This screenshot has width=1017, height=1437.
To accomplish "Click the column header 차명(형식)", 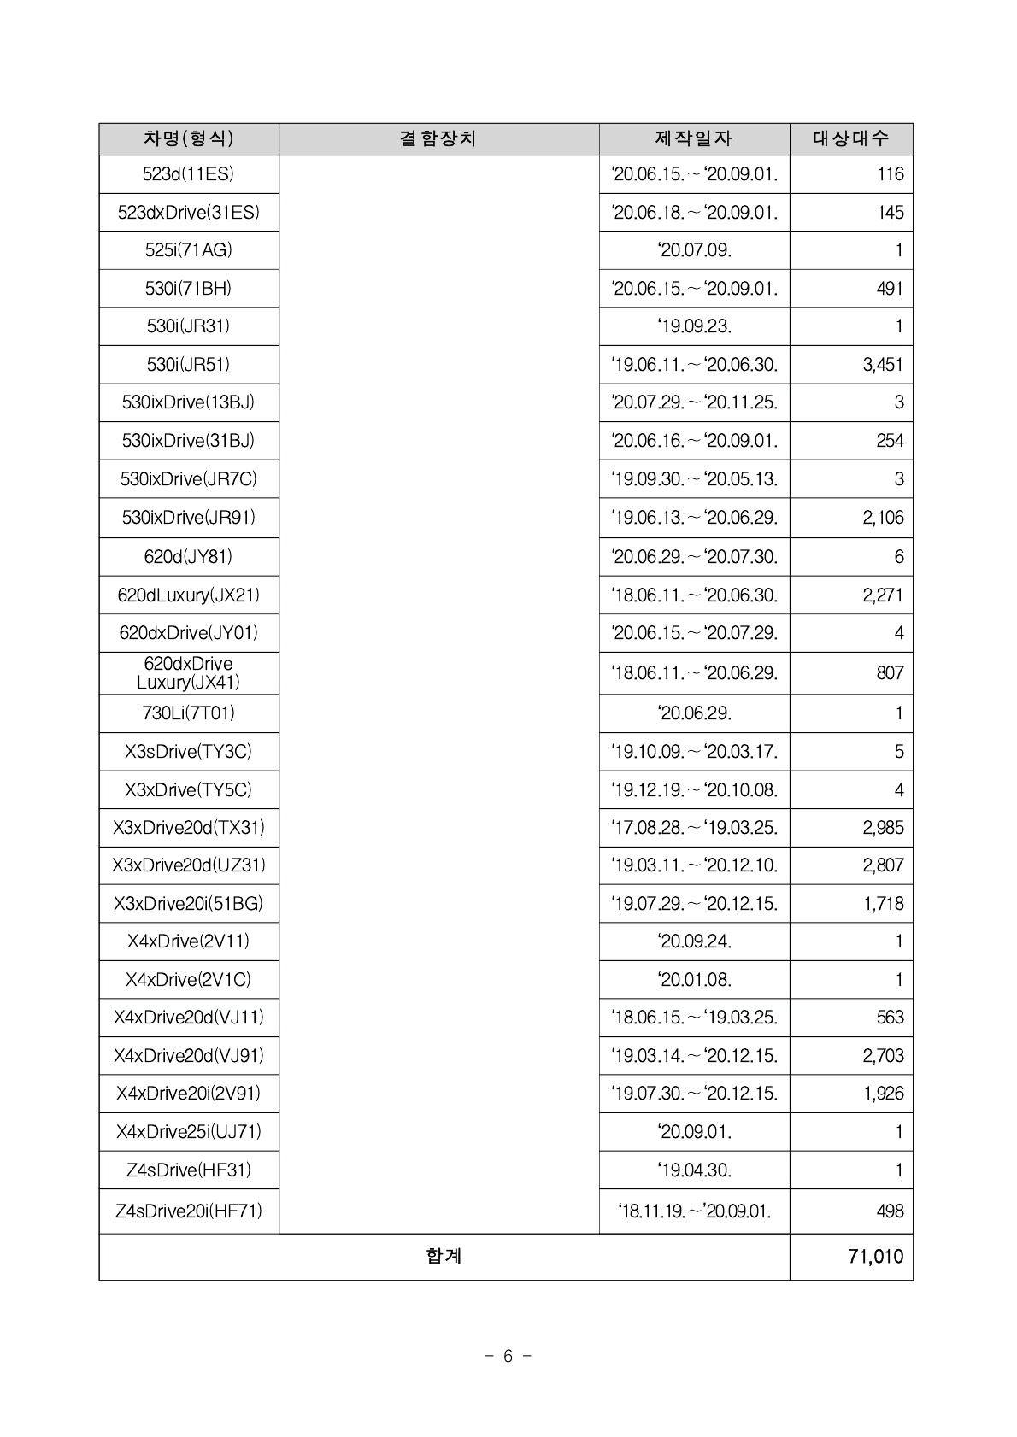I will click(x=188, y=138).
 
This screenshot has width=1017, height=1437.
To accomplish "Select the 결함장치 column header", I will click(x=438, y=138).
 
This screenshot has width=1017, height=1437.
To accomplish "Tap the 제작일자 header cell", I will click(x=694, y=138).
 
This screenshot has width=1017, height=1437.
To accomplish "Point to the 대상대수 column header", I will click(x=850, y=138).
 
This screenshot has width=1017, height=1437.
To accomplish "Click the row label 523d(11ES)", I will click(x=188, y=174).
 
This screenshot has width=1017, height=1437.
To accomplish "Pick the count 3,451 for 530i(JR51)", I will click(x=883, y=365).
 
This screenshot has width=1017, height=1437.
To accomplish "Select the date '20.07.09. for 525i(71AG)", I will click(x=694, y=250).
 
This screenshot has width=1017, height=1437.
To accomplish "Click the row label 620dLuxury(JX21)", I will click(x=188, y=595).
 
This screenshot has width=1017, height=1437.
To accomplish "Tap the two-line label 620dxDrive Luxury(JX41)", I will click(x=188, y=673).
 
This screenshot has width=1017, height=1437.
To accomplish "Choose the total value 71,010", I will click(x=875, y=1257).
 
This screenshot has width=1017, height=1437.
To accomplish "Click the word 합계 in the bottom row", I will click(x=444, y=1256).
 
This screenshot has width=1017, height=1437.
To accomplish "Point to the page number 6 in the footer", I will click(x=508, y=1356).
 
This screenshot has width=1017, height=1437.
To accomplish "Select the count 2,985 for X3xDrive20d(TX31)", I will click(x=883, y=828).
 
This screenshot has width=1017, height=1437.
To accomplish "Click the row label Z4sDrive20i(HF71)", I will click(x=188, y=1211).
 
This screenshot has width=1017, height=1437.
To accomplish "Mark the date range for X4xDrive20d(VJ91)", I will click(x=694, y=1055).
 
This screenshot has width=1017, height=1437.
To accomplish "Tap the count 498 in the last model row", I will click(x=890, y=1211).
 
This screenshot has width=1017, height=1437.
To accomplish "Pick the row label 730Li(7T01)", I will click(x=188, y=713).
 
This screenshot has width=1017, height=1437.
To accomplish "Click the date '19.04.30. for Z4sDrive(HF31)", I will click(x=694, y=1170).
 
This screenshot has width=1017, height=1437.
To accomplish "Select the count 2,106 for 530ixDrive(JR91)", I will click(x=883, y=518).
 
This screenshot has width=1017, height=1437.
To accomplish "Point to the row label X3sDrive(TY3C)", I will click(x=188, y=752).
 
